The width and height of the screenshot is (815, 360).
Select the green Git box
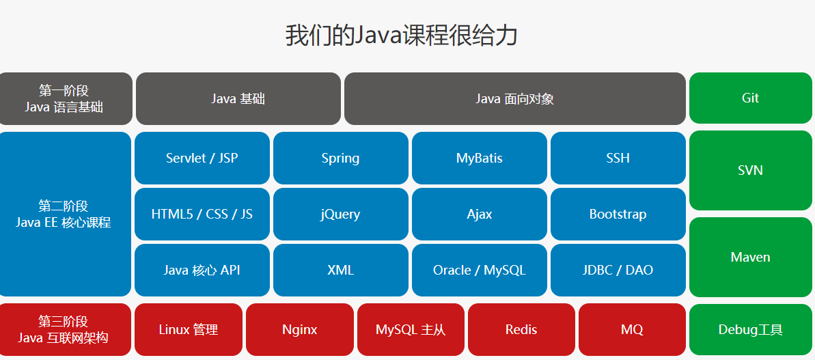point(750,98)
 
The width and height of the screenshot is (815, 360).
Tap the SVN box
point(750,170)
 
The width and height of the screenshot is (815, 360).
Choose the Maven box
point(750,257)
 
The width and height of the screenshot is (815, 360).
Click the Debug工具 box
point(750,330)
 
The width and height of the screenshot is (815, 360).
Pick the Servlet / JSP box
point(202,158)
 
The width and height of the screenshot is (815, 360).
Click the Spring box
point(340,158)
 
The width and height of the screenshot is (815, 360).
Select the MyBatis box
point(479,158)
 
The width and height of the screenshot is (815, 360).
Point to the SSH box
point(618,158)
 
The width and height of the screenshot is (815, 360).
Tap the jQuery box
point(340,214)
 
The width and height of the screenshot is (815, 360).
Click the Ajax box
point(479,214)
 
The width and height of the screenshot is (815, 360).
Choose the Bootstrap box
point(618,214)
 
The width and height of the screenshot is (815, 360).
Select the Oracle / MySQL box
point(479,270)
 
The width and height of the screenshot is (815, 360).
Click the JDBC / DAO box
point(618,270)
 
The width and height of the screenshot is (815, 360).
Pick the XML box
point(340,270)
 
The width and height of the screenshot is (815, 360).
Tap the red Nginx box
point(299,330)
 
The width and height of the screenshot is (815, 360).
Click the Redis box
point(521,330)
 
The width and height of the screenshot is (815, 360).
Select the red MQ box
point(632,330)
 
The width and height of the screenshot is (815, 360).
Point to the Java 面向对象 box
point(514,98)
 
